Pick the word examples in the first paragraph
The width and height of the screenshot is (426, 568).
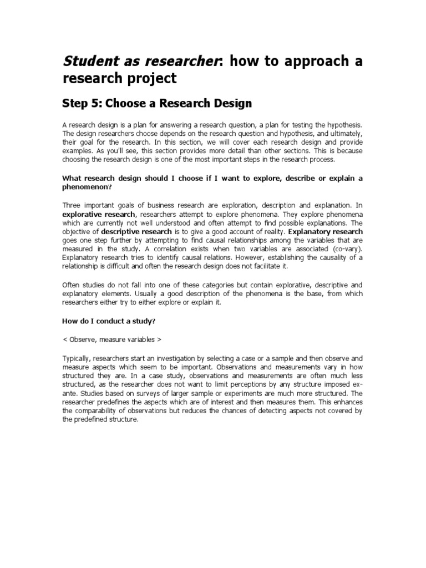coord(77,150)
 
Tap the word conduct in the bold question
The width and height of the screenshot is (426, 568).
coord(109,319)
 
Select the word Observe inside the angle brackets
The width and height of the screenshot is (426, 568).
coord(84,337)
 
